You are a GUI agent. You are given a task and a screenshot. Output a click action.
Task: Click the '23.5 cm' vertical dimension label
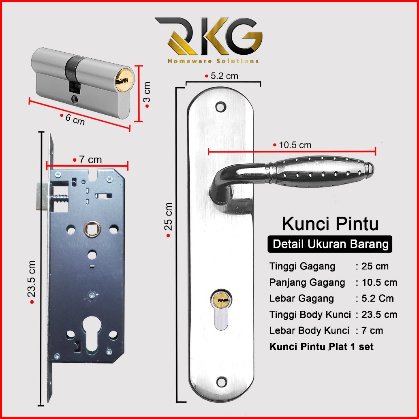32,279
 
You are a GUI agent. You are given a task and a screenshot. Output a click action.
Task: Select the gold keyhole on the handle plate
221,300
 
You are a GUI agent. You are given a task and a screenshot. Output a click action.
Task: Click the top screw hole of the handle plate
221,107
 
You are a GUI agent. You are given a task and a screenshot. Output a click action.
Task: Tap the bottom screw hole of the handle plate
222,382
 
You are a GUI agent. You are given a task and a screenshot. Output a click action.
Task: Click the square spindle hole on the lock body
92,229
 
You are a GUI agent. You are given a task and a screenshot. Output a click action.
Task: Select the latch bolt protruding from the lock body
42,196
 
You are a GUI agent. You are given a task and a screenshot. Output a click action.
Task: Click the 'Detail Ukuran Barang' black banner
330,244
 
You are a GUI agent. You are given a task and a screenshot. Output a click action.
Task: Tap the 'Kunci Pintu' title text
330,224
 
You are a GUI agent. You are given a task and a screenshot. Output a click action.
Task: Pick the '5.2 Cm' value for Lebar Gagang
378,298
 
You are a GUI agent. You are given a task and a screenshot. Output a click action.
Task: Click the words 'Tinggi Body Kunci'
310,314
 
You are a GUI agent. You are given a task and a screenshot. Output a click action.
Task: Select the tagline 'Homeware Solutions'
213,61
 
